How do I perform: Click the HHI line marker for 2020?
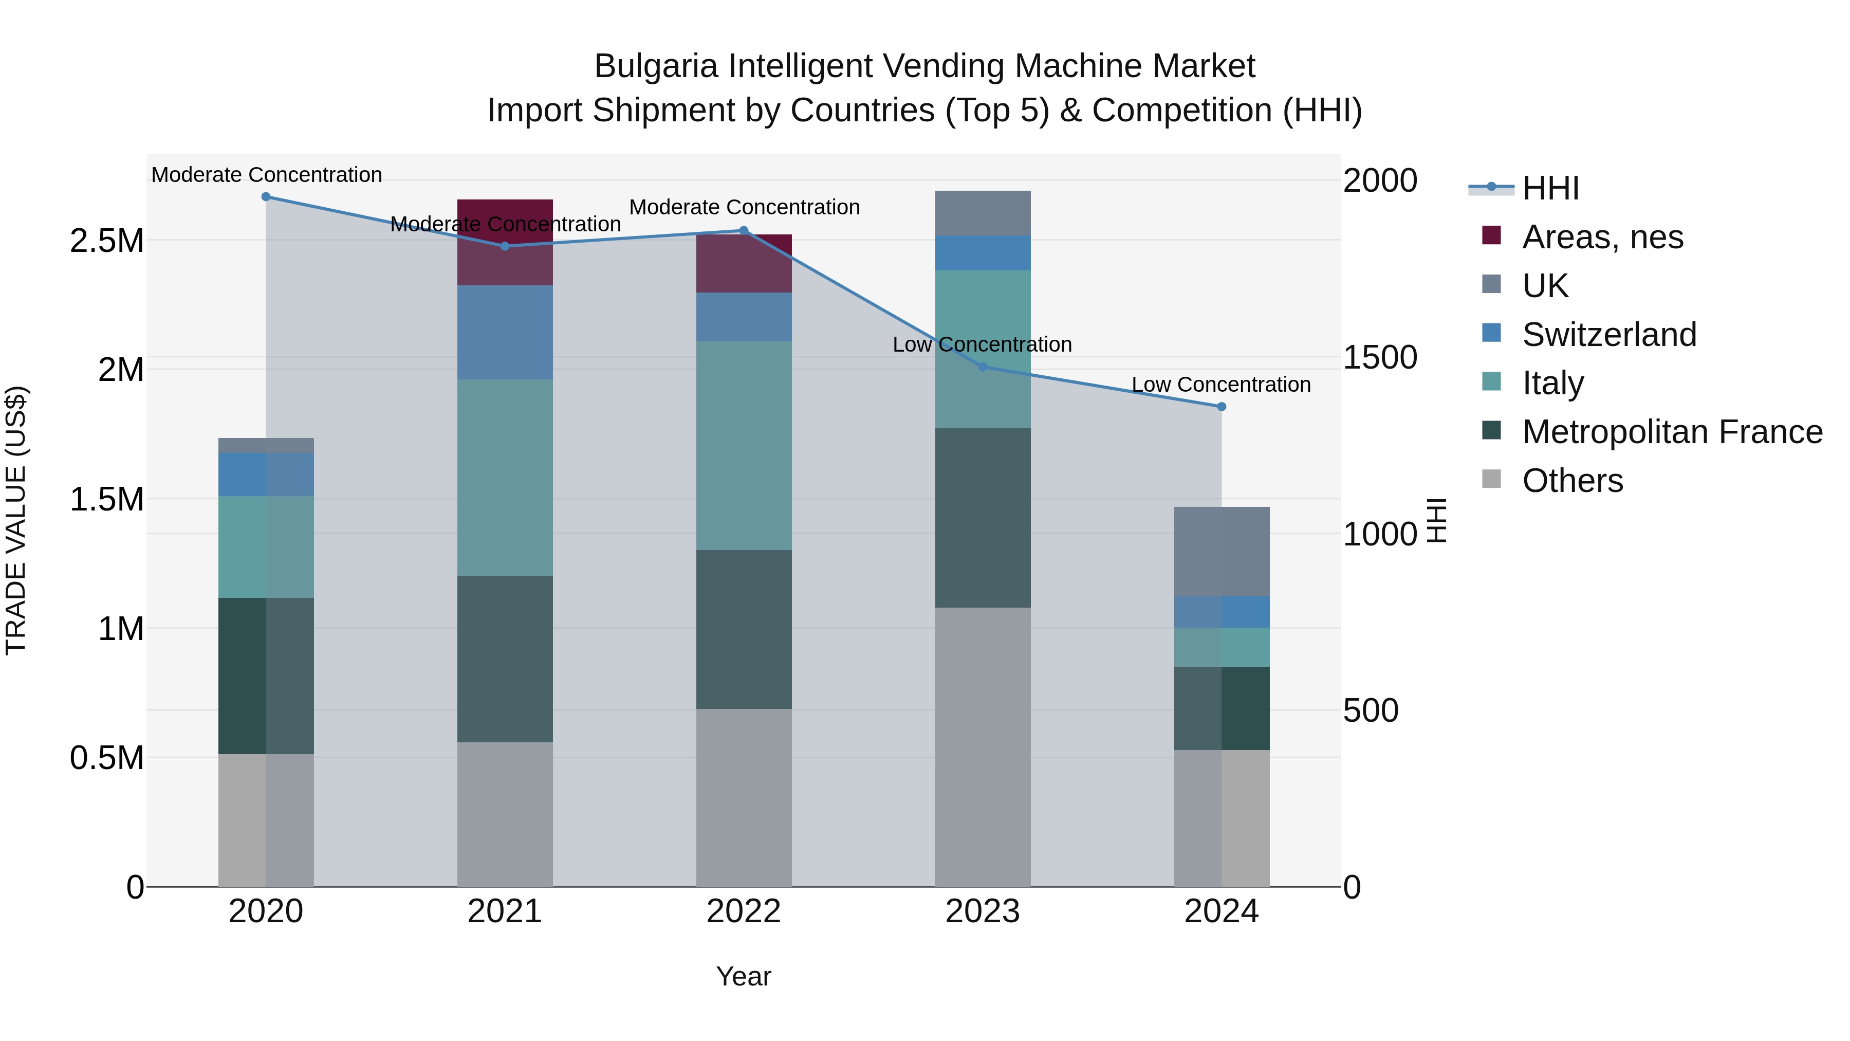pos(266,196)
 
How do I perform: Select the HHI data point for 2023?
pos(983,367)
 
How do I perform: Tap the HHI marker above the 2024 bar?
pos(1221,407)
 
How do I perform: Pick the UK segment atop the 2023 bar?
pos(983,213)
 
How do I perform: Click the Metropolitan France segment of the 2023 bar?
pos(983,517)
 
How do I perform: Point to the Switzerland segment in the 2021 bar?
pos(505,332)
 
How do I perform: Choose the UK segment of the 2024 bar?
pos(1221,551)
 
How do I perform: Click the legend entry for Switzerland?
pos(1608,335)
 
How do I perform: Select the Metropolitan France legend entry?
pos(1672,432)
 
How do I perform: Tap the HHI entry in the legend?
pos(1550,188)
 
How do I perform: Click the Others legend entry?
pos(1572,481)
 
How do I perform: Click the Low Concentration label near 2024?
pos(1221,385)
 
